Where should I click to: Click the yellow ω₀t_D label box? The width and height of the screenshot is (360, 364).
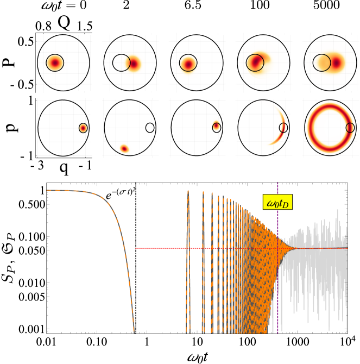(x=277, y=203)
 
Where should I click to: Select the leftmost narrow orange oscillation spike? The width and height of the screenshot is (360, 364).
(x=188, y=261)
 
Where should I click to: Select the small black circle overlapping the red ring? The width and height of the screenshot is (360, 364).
(x=350, y=128)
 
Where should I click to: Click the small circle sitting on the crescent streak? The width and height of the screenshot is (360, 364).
(x=283, y=128)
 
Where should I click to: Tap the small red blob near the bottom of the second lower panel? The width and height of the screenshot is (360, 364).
(x=124, y=148)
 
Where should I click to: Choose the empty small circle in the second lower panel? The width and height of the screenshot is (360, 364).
(x=150, y=128)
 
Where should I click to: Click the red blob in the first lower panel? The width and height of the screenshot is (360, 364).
(x=83, y=128)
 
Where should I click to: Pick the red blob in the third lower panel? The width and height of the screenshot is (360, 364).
(x=216, y=126)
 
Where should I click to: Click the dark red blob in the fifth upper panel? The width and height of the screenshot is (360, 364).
(x=336, y=63)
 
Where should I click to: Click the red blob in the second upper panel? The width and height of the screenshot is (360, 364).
(x=134, y=64)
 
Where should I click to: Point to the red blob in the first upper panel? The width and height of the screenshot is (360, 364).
(x=55, y=63)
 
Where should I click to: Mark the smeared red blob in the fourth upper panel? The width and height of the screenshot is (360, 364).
(x=256, y=62)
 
